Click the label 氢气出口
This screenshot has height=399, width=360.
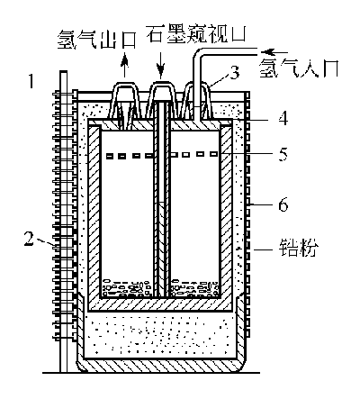(x=96, y=39)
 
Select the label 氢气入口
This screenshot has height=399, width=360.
(x=299, y=68)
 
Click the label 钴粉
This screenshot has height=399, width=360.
(x=298, y=249)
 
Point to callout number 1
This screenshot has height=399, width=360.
(x=31, y=81)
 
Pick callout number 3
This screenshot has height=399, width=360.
(x=234, y=73)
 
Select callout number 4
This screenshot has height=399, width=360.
(x=283, y=118)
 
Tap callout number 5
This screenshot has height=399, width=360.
(x=283, y=154)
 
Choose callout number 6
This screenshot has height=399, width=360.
(x=283, y=204)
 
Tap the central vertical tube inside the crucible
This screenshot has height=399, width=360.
(x=162, y=198)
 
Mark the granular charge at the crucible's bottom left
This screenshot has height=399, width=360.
(x=126, y=287)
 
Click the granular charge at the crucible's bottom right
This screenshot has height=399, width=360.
(x=195, y=287)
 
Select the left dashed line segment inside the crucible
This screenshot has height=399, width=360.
(x=130, y=156)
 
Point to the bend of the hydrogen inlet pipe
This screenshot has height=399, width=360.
(x=197, y=54)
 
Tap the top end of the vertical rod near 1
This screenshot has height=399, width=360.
(x=63, y=71)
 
